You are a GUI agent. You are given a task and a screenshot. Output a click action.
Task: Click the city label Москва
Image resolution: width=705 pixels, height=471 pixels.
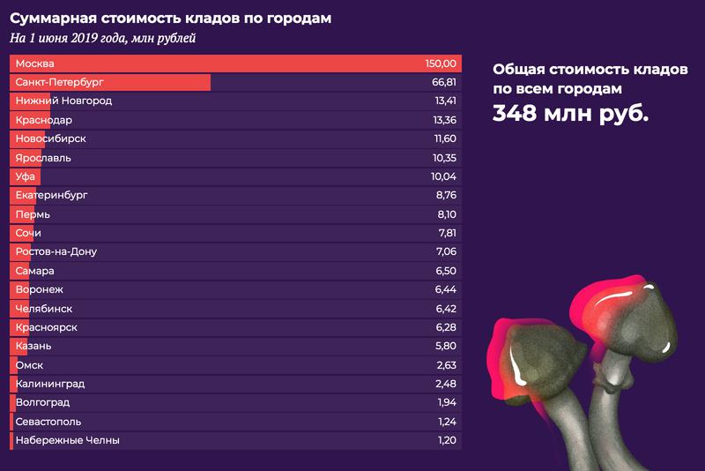tap(34, 64)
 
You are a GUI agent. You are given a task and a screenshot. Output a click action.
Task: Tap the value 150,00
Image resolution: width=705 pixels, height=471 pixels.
tap(440, 64)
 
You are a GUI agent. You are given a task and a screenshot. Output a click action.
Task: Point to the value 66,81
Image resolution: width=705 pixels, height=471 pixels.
tap(441, 82)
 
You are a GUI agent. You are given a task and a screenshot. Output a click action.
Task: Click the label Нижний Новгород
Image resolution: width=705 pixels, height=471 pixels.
tap(63, 101)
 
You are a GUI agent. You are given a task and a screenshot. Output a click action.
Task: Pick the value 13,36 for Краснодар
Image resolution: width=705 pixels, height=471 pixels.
tap(441, 120)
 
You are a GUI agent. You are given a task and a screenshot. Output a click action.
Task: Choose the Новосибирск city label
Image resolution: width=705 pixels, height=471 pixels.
tap(50, 138)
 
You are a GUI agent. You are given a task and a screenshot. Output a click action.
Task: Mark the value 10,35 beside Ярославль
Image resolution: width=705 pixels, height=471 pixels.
tap(441, 158)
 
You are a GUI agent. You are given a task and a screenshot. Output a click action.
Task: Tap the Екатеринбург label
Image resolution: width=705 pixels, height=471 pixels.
tap(52, 195)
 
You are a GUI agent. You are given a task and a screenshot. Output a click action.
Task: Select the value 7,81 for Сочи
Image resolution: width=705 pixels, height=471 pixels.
tap(443, 233)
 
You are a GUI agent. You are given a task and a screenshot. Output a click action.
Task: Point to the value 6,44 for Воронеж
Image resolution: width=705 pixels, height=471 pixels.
tap(443, 289)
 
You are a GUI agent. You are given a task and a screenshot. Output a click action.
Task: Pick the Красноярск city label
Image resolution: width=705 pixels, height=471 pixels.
tap(47, 327)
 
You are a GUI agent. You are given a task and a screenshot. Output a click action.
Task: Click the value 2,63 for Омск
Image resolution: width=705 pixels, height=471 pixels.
tap(443, 365)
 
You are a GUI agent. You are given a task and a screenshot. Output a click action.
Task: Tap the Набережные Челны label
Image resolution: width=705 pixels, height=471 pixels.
tap(67, 440)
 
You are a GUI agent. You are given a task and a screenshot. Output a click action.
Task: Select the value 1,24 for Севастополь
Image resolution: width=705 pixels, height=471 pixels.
tap(443, 422)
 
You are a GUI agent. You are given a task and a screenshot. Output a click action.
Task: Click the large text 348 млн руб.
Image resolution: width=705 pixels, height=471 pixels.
tap(570, 114)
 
